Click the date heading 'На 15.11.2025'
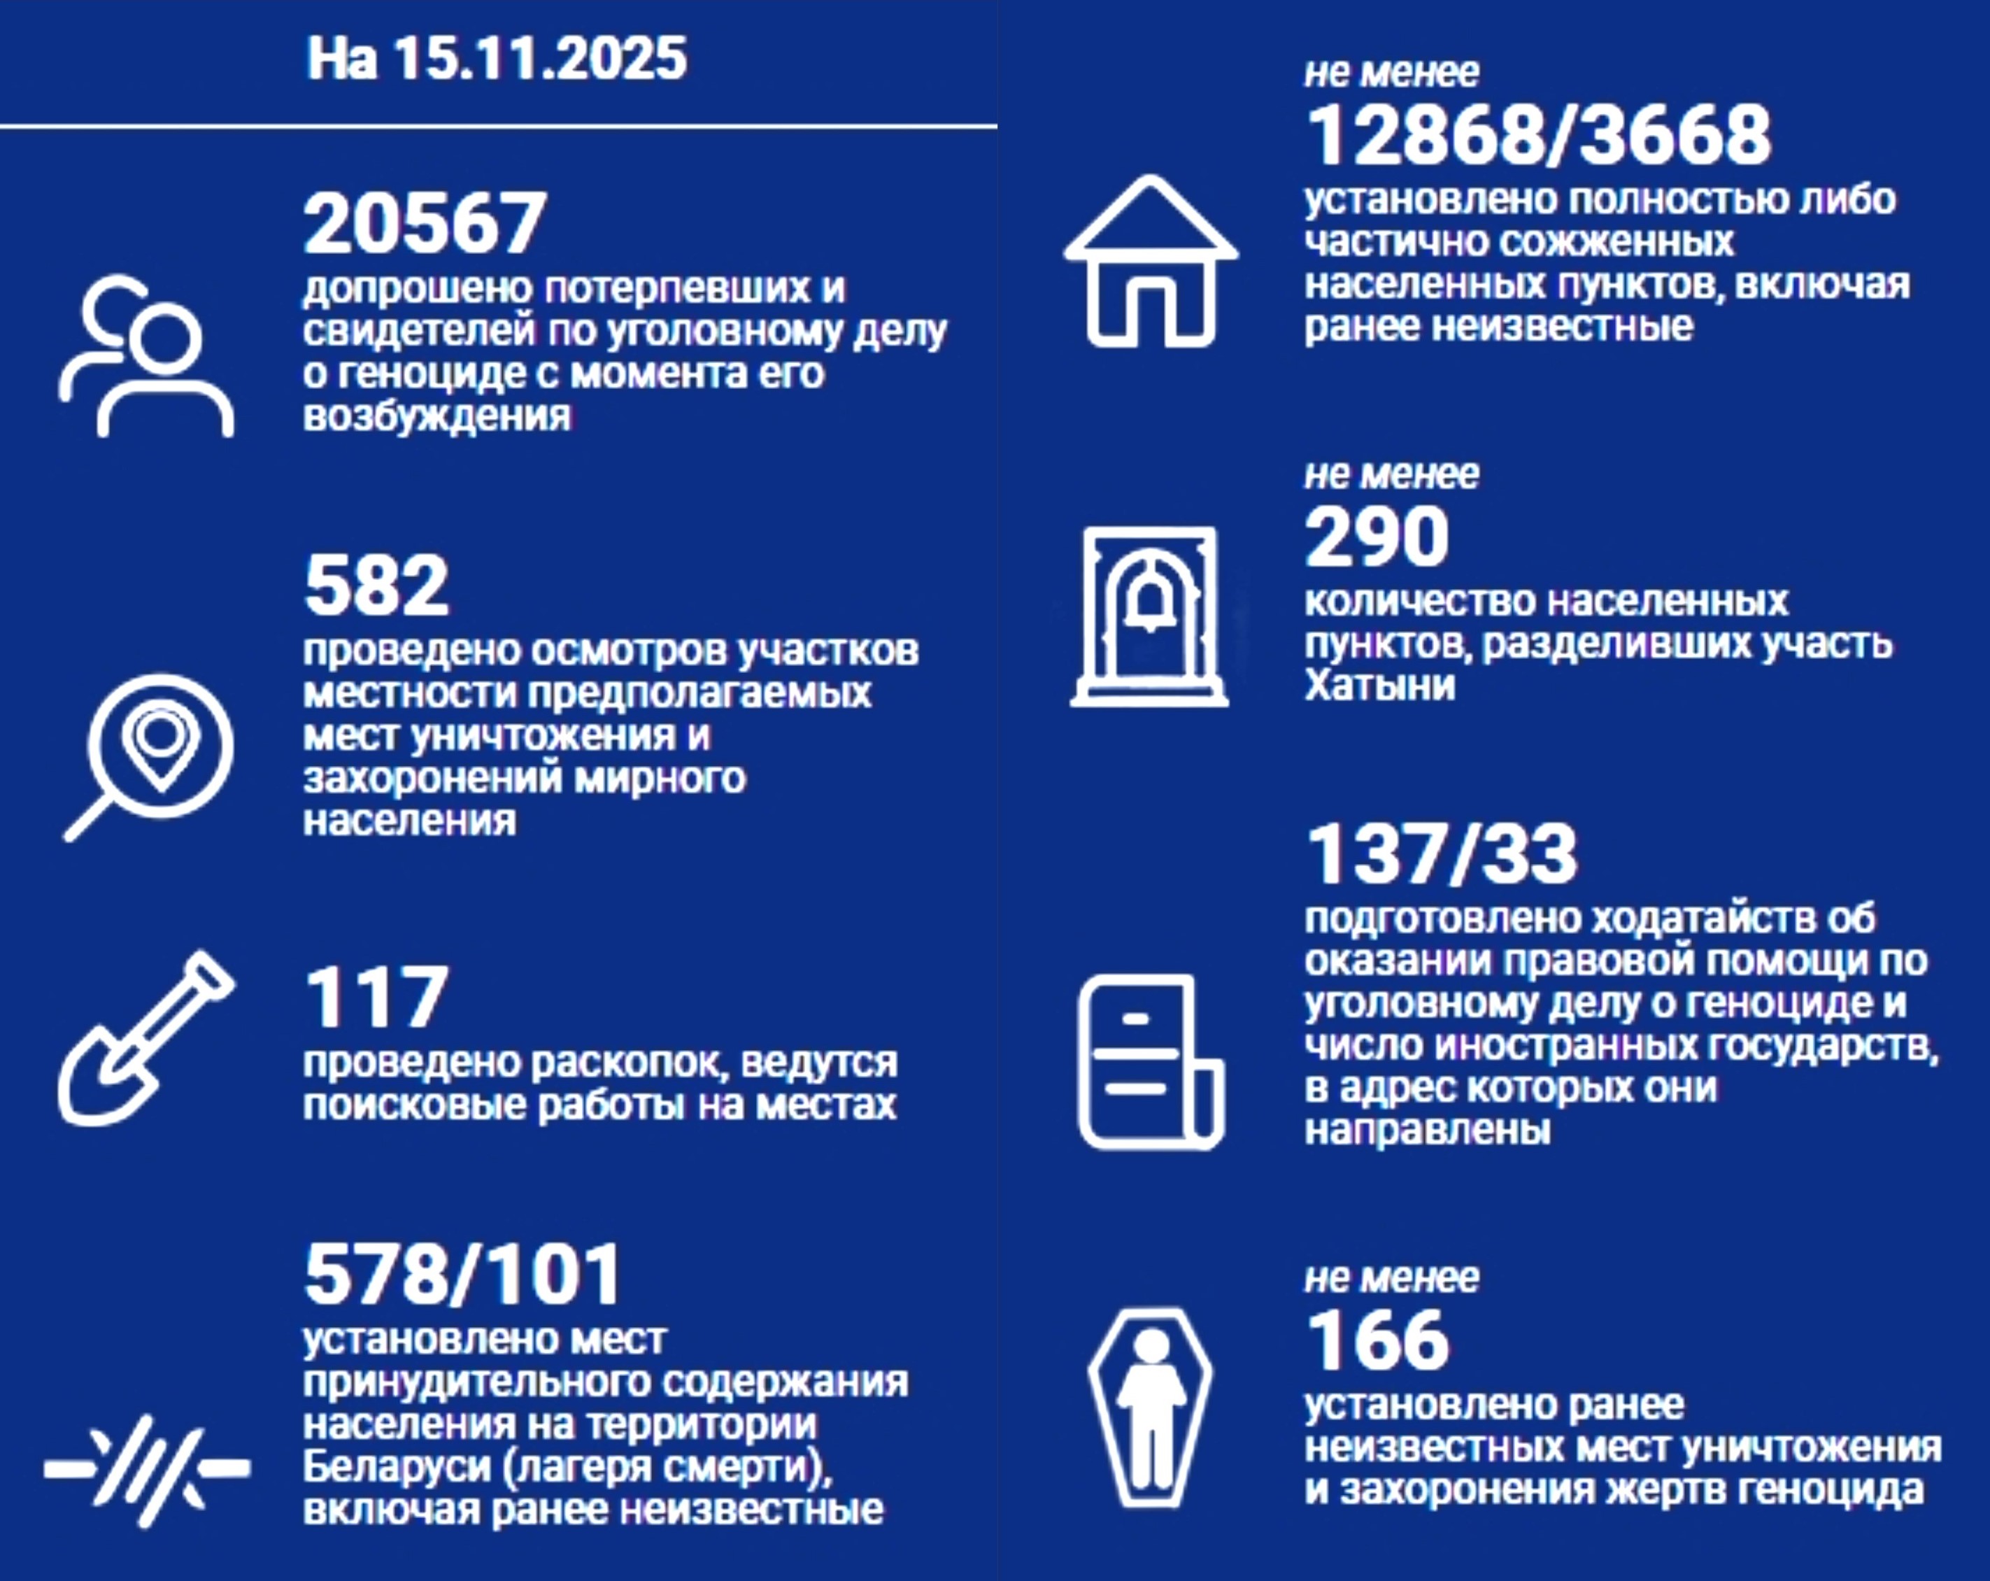click(497, 58)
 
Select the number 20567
click(425, 222)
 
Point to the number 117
click(376, 997)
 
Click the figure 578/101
click(463, 1275)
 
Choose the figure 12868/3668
click(1539, 135)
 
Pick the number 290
click(1376, 537)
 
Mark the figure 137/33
click(1442, 855)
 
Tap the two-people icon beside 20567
click(148, 356)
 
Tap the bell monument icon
click(1150, 616)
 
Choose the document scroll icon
click(1150, 1061)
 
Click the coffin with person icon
click(1150, 1408)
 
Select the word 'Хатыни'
click(1380, 686)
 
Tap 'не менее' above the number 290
click(1391, 475)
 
